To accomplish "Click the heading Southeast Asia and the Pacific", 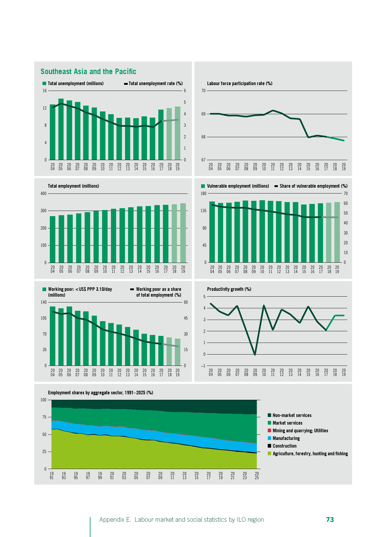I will (x=88, y=72).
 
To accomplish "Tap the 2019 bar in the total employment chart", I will (x=183, y=233).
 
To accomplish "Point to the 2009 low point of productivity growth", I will (x=255, y=355).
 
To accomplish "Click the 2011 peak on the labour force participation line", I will (x=273, y=111).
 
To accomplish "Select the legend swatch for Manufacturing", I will (x=269, y=438).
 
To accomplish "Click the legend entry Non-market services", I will (x=292, y=415).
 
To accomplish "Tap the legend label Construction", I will (x=284, y=446).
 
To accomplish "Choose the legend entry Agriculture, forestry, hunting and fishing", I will (x=310, y=454).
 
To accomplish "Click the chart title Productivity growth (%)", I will (x=229, y=289).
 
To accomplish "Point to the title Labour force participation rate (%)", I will (x=240, y=84).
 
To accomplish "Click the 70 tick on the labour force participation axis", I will (x=203, y=91).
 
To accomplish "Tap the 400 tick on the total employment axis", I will (x=43, y=193).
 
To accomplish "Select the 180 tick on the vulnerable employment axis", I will (x=203, y=193).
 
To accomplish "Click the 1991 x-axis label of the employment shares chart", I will (x=52, y=475).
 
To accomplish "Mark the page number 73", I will (x=330, y=520).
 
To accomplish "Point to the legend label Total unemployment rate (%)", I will (x=156, y=84).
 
